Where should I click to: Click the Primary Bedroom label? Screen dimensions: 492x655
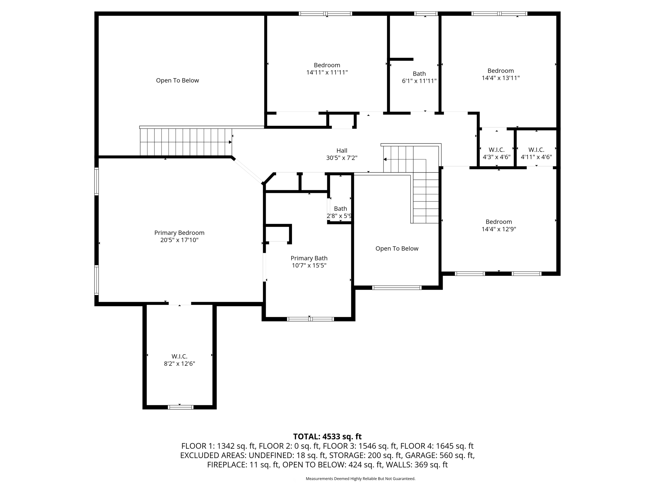[179, 233]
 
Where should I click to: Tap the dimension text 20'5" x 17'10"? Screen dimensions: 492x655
[179, 240]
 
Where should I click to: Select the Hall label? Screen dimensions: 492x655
[342, 151]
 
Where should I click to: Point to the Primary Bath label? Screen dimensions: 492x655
[309, 258]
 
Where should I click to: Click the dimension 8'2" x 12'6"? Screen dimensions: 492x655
[179, 364]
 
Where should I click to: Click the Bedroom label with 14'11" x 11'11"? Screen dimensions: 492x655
[327, 65]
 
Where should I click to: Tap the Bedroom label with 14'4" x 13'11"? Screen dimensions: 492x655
[501, 71]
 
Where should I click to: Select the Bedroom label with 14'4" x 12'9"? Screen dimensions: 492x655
[499, 222]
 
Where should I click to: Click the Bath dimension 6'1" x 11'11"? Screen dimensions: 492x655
[419, 81]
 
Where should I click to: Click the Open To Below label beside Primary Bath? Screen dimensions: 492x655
[397, 249]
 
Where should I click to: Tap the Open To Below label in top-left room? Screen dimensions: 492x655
[177, 80]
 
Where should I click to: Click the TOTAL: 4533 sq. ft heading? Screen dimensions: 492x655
[327, 437]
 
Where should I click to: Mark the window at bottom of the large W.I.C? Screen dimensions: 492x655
[181, 407]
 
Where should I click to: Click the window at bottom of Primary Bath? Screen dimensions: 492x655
[310, 319]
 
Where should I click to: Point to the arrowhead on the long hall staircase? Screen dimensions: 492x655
[230, 142]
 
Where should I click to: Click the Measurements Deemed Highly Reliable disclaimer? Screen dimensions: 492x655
[360, 479]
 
